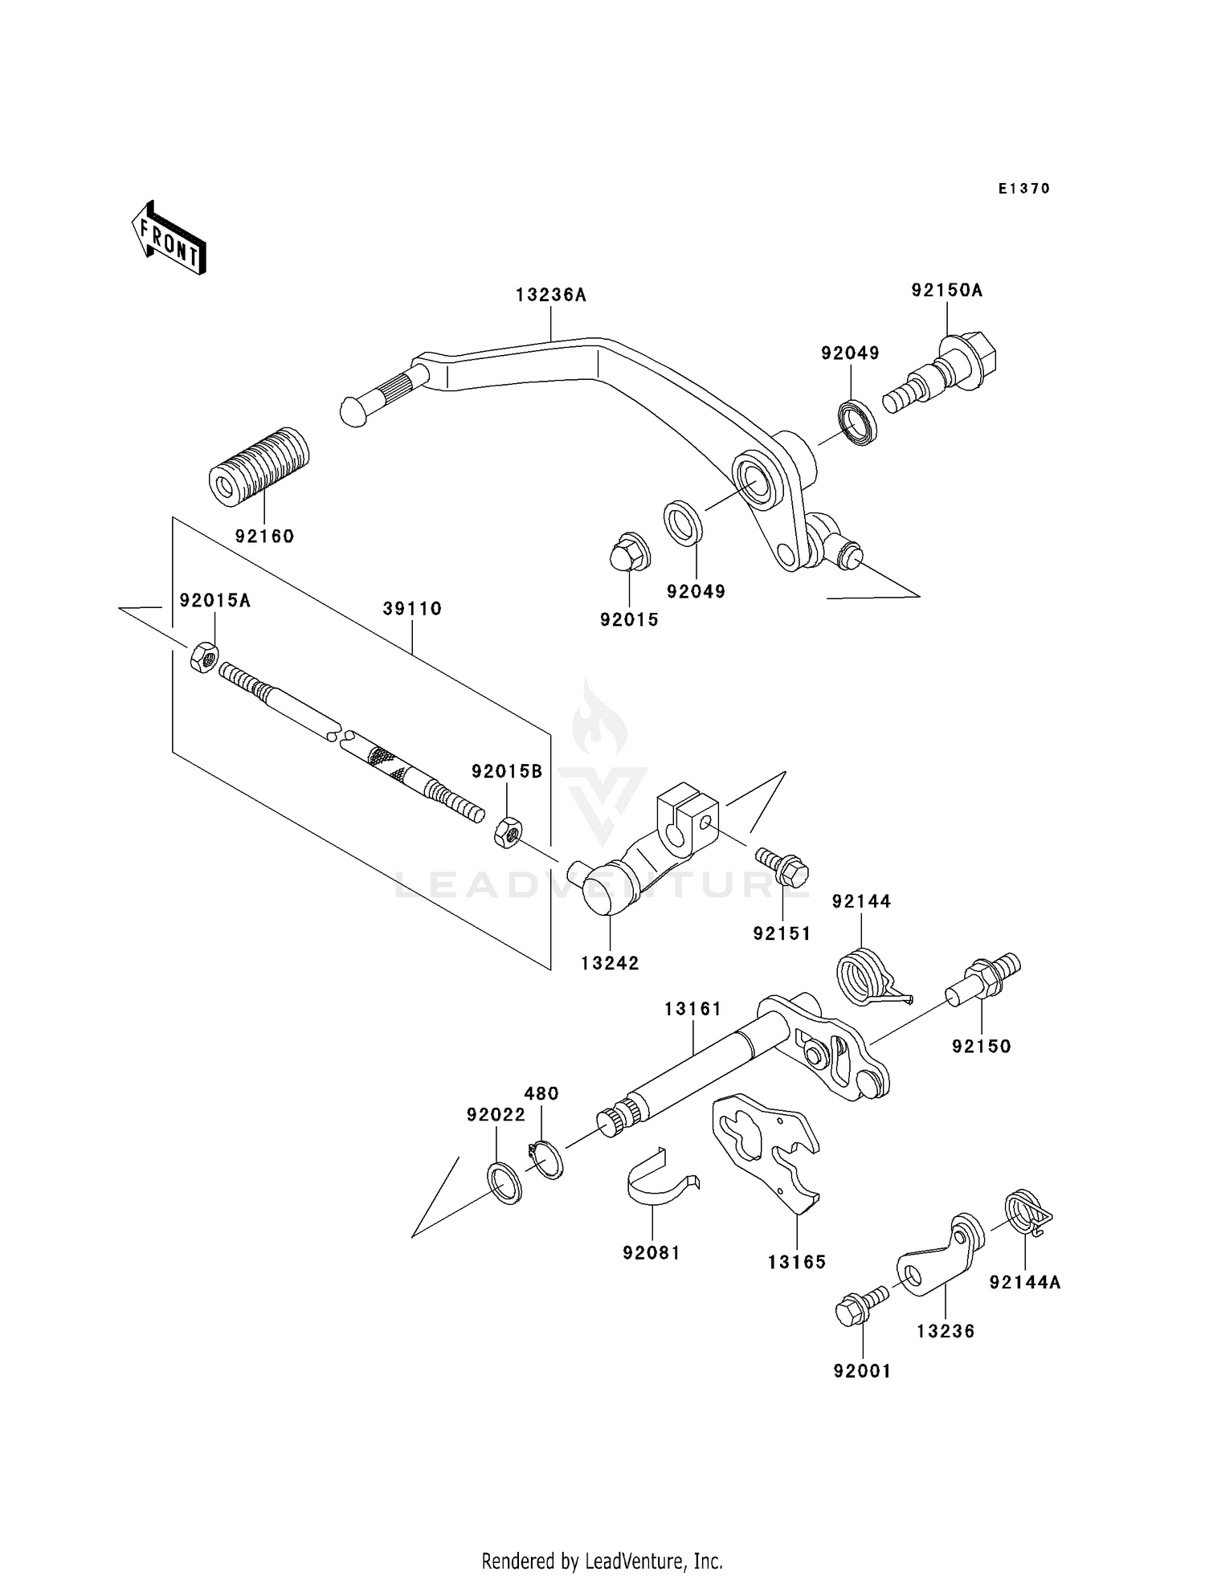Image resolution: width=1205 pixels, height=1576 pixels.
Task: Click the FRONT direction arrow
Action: [169, 239]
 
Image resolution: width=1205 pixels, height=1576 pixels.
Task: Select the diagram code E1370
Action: [1024, 189]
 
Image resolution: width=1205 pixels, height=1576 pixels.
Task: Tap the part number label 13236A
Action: [551, 295]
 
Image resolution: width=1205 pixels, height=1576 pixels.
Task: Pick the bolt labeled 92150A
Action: [940, 374]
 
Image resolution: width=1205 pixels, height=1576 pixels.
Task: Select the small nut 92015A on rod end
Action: [205, 657]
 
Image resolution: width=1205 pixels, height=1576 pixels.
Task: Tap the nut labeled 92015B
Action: [507, 831]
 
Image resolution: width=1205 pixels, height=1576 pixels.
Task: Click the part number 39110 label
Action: [412, 609]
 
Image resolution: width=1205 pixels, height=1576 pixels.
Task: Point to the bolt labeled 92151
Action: [782, 866]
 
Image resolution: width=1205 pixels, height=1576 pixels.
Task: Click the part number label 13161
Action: [692, 1009]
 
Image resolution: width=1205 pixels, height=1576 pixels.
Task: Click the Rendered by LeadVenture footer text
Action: [602, 1561]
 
